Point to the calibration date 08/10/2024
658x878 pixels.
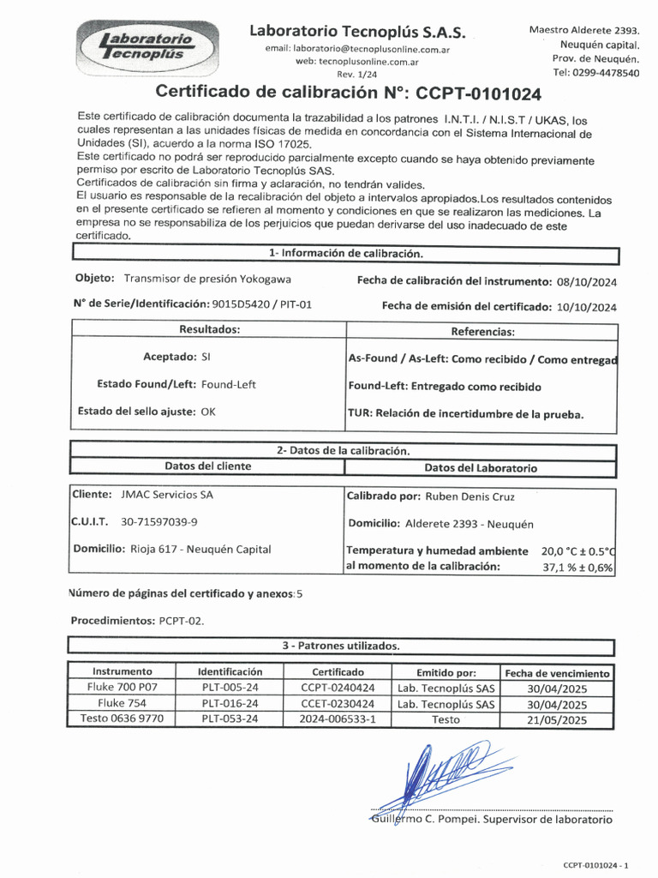(x=586, y=281)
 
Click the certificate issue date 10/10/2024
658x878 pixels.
(x=586, y=306)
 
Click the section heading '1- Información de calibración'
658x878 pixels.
(x=345, y=254)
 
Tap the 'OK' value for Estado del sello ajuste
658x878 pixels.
(x=208, y=412)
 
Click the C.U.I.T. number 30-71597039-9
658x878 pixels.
(x=159, y=521)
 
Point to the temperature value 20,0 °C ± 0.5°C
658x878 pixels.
(x=578, y=551)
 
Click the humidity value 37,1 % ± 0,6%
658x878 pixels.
(x=578, y=567)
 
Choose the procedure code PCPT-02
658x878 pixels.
(x=181, y=620)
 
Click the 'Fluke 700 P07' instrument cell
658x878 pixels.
(x=122, y=688)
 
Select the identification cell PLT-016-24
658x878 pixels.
(x=230, y=704)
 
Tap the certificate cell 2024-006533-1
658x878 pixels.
(x=338, y=719)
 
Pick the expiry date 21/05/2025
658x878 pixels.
(x=557, y=720)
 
